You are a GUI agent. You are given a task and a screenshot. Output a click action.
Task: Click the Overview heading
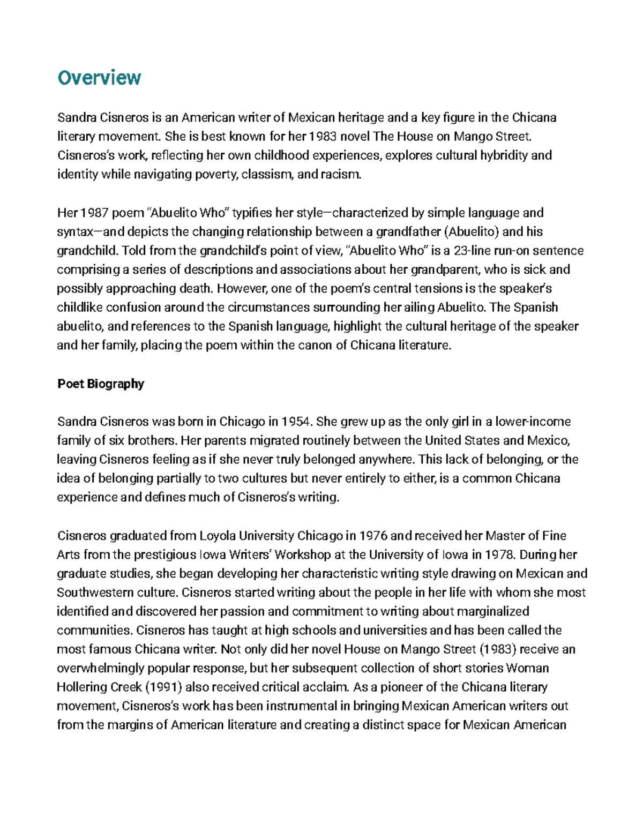(x=99, y=78)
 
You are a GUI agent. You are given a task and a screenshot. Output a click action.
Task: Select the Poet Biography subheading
(x=101, y=384)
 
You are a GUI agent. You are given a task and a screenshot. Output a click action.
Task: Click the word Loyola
(x=217, y=536)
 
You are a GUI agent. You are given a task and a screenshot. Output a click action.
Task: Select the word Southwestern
(x=90, y=593)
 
